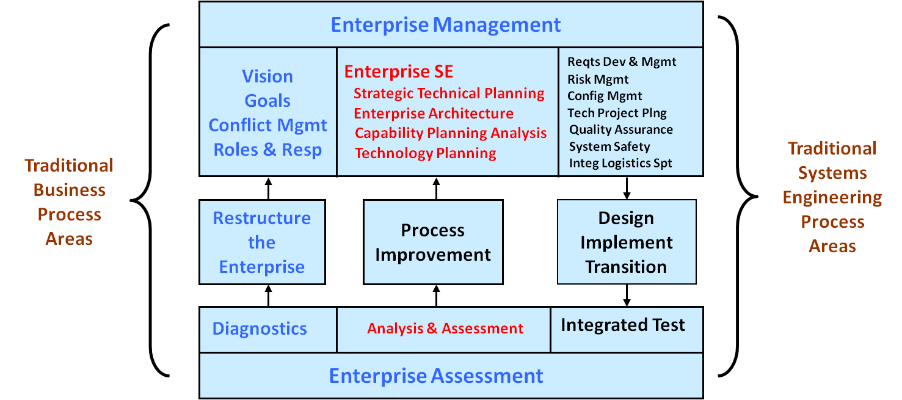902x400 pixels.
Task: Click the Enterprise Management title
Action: click(x=445, y=25)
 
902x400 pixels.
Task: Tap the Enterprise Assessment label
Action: click(x=435, y=376)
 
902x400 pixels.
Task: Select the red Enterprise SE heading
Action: click(x=399, y=71)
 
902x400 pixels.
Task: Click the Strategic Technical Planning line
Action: click(x=449, y=93)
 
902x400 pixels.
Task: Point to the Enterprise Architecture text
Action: click(x=434, y=114)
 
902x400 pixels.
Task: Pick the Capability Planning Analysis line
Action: click(x=451, y=133)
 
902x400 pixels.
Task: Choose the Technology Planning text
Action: click(x=426, y=153)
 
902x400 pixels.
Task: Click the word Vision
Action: click(x=267, y=76)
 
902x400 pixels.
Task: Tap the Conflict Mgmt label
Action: click(x=267, y=125)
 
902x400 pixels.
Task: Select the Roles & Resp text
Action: click(x=267, y=150)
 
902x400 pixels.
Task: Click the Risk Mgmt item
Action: click(x=598, y=79)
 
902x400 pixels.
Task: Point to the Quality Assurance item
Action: click(x=621, y=129)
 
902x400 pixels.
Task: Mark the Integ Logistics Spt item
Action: click(x=620, y=163)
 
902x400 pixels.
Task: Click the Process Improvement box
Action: click(x=433, y=242)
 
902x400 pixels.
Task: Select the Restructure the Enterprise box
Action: click(x=262, y=242)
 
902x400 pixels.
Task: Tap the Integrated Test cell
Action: click(x=627, y=330)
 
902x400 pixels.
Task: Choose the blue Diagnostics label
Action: click(x=260, y=329)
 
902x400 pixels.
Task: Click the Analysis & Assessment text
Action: click(x=445, y=329)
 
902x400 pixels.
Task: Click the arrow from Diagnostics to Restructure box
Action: click(x=269, y=296)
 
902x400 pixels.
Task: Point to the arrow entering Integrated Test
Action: click(x=627, y=296)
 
